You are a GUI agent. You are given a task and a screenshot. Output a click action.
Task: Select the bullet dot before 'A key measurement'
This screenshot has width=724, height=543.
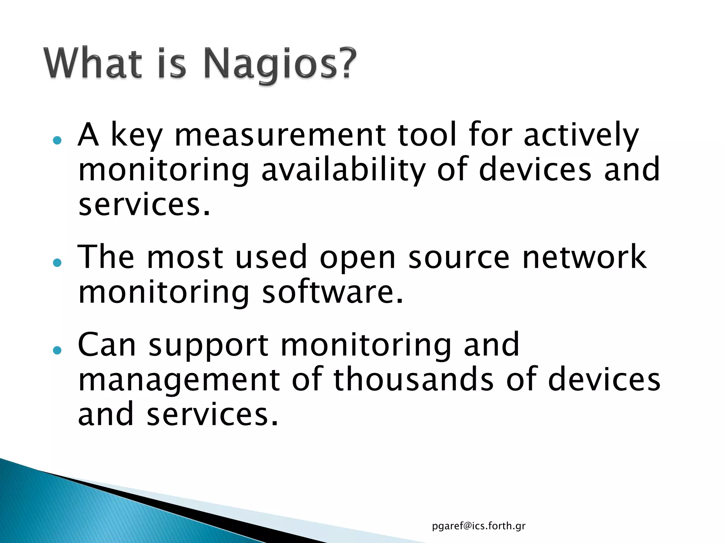57,140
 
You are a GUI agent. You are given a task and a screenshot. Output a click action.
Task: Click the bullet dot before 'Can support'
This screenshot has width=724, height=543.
57,350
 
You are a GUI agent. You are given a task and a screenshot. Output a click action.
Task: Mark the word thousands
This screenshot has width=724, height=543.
414,380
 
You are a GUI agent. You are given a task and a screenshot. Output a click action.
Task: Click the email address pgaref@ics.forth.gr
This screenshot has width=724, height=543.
479,526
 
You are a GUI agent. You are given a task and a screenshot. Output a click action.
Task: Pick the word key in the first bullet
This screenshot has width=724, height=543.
136,136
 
